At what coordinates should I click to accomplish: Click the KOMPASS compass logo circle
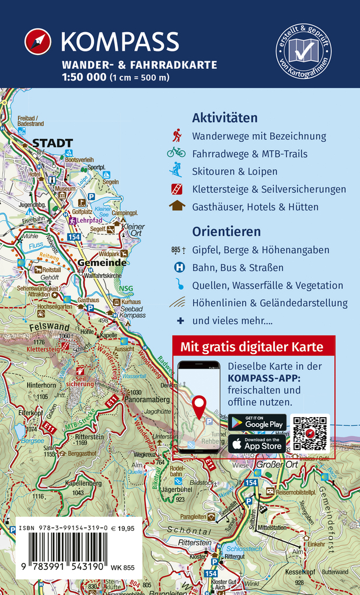click(x=39, y=42)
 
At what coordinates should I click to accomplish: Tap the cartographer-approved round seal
click(x=303, y=52)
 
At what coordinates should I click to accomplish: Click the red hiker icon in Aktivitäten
click(x=177, y=136)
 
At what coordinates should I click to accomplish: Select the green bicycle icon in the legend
click(x=176, y=153)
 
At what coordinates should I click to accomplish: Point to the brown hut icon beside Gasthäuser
click(x=177, y=206)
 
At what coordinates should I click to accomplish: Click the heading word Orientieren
click(x=226, y=232)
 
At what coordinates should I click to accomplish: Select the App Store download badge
click(x=257, y=444)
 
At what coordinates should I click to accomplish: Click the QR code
click(x=310, y=433)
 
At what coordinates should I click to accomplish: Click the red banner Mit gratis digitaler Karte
click(x=253, y=346)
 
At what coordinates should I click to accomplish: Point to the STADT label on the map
click(x=53, y=143)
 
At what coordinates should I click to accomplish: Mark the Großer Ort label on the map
click(x=277, y=464)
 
